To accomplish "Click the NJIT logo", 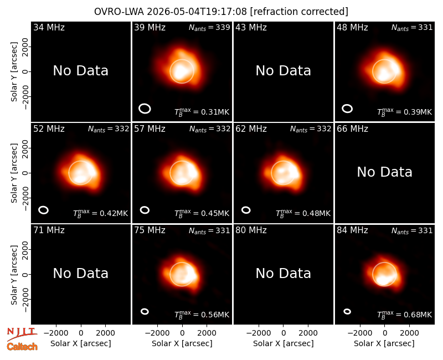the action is click(22, 334).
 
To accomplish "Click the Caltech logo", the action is click(22, 347).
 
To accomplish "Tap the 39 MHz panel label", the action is click(150, 27).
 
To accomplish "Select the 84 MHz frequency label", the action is click(352, 230).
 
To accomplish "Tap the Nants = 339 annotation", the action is click(209, 27).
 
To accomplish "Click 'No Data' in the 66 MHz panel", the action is click(384, 172).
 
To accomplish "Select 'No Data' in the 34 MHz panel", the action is click(80, 71).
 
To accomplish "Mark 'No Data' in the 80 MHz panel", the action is click(283, 273).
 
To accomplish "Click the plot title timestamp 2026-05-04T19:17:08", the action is click(197, 12).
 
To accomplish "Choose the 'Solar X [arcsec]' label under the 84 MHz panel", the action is click(384, 343).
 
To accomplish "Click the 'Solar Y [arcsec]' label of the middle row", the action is click(14, 173).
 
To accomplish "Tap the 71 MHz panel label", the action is click(49, 230).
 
